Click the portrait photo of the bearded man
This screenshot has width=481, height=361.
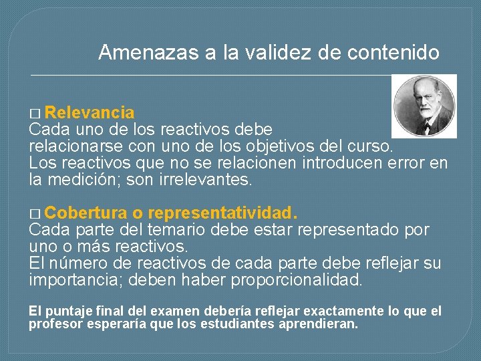tap(424, 106)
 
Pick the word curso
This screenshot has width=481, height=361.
tap(375, 146)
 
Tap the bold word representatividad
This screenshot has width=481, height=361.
tap(223, 214)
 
